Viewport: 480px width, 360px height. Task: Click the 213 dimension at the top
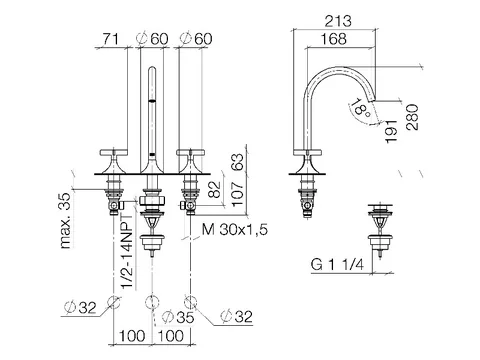point(338,21)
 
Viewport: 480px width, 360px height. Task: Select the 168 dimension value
point(334,39)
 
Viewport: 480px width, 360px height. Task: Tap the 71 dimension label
point(110,39)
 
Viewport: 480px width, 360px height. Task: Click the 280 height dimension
point(412,117)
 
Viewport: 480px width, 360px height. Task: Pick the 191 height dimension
point(391,132)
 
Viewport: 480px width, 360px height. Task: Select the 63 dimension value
point(238,162)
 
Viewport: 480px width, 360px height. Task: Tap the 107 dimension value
point(238,194)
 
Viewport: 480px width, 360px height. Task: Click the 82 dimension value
point(216,189)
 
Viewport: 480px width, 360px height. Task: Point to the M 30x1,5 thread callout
point(235,230)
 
